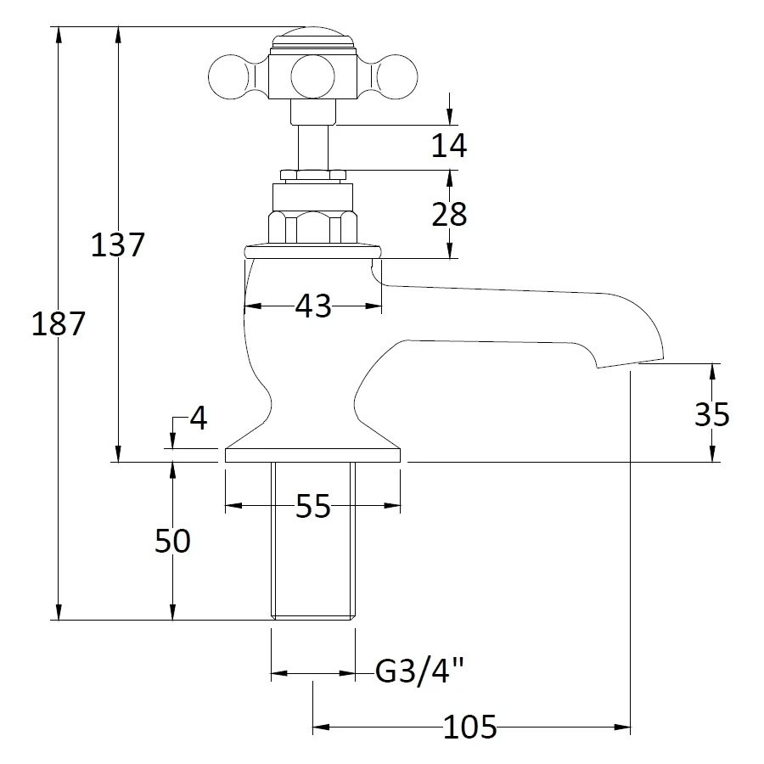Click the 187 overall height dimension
point(58,323)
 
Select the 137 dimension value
point(118,246)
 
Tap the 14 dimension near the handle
point(448,146)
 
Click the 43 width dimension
point(312,306)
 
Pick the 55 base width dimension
point(312,507)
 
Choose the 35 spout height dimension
point(711,414)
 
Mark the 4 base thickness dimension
point(197,419)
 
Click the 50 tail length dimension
point(172,541)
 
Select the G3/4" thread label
point(420,673)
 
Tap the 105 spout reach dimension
point(469,727)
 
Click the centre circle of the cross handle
point(312,76)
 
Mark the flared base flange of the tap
point(312,450)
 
